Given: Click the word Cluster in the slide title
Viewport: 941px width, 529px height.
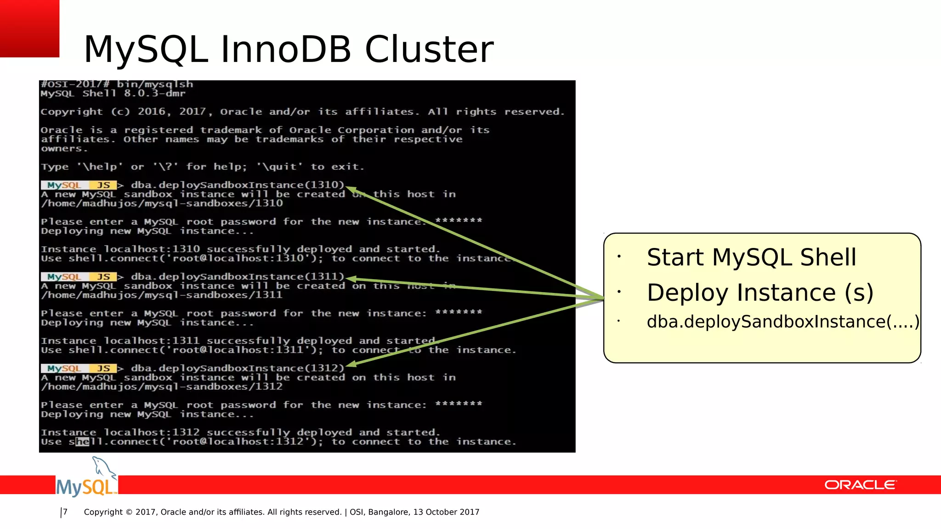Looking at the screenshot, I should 429,49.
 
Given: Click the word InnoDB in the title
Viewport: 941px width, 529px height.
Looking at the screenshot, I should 286,49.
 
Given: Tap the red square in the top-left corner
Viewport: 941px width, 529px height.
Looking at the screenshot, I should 29,28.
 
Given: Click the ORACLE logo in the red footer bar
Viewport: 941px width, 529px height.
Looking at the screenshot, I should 860,485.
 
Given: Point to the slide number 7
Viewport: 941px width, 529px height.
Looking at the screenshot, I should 65,512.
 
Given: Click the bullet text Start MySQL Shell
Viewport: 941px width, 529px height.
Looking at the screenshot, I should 751,257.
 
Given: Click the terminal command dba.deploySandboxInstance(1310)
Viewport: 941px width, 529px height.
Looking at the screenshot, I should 238,185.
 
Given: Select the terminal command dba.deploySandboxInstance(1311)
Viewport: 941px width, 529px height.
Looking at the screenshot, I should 238,277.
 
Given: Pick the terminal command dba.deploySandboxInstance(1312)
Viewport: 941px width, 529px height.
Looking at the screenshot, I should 238,368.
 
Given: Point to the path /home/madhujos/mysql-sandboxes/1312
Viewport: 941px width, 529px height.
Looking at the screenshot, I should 162,387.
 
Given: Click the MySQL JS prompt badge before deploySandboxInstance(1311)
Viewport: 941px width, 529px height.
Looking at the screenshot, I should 79,277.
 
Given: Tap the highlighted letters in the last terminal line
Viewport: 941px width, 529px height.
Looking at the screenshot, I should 83,442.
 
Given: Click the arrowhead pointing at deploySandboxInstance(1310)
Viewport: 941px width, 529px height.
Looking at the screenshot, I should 350,189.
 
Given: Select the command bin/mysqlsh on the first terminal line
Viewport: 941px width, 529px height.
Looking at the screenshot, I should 155,84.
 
